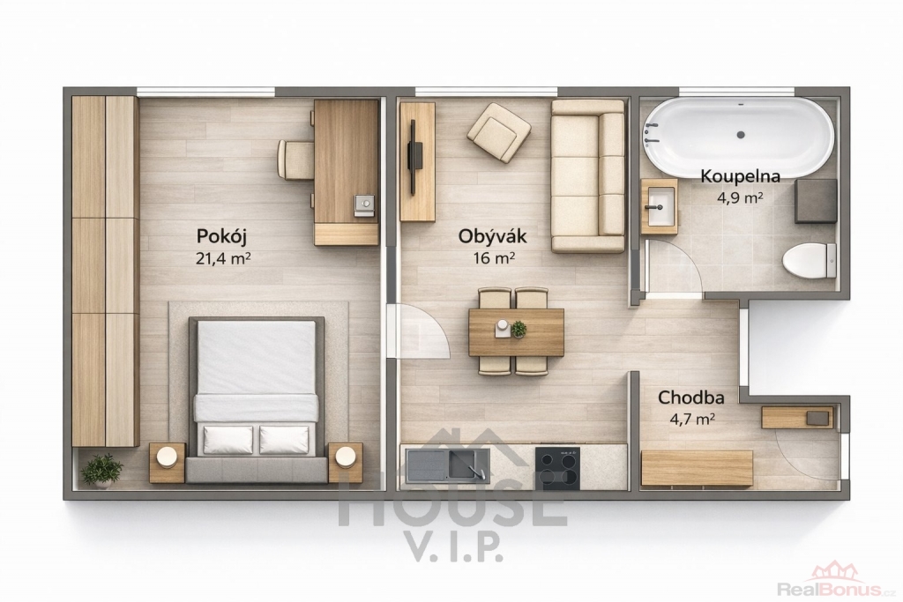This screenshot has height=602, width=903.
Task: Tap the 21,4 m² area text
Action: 223,258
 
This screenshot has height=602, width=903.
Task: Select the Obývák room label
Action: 492,236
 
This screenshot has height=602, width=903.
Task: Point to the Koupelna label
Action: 740,176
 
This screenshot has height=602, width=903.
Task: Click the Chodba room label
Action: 691,398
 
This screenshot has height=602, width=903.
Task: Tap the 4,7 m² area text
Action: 692,419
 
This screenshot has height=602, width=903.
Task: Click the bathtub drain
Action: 741,135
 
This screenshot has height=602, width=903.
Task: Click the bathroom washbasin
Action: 660,205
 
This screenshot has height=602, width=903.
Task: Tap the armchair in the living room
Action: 499,132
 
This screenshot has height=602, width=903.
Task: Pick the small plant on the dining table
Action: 519,329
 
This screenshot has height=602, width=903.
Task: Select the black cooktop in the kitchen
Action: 557,467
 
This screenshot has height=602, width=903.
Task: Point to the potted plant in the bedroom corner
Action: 102,470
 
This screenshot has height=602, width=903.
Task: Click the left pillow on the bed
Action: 228,440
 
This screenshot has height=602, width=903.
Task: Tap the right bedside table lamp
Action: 346,457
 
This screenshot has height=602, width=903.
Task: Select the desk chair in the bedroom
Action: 295,160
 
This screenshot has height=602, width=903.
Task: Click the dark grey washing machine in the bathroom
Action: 816,201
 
